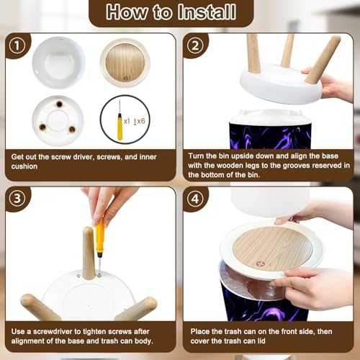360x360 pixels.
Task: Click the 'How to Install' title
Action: click(x=171, y=12)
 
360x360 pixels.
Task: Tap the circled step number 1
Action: click(x=17, y=45)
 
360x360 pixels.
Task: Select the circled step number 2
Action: click(x=195, y=45)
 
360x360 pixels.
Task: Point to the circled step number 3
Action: click(x=17, y=199)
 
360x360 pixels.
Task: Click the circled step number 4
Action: click(x=195, y=199)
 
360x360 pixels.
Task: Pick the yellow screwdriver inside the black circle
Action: click(x=120, y=121)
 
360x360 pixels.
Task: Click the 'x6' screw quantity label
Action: click(x=141, y=121)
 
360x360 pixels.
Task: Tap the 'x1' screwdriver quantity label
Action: click(x=127, y=121)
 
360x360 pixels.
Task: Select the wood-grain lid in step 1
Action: click(x=125, y=63)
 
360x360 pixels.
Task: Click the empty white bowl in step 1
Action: click(x=58, y=63)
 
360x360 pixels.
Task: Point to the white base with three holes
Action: click(x=58, y=121)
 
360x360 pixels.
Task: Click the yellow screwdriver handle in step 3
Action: click(x=100, y=236)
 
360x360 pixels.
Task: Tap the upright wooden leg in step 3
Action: click(x=89, y=253)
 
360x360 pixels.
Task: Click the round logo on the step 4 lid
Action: click(x=260, y=264)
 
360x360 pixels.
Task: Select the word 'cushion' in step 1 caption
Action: click(x=24, y=166)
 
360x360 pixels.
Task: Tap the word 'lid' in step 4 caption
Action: click(x=261, y=341)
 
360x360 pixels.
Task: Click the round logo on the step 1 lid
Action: click(x=126, y=78)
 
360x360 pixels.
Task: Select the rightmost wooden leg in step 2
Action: click(x=323, y=60)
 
